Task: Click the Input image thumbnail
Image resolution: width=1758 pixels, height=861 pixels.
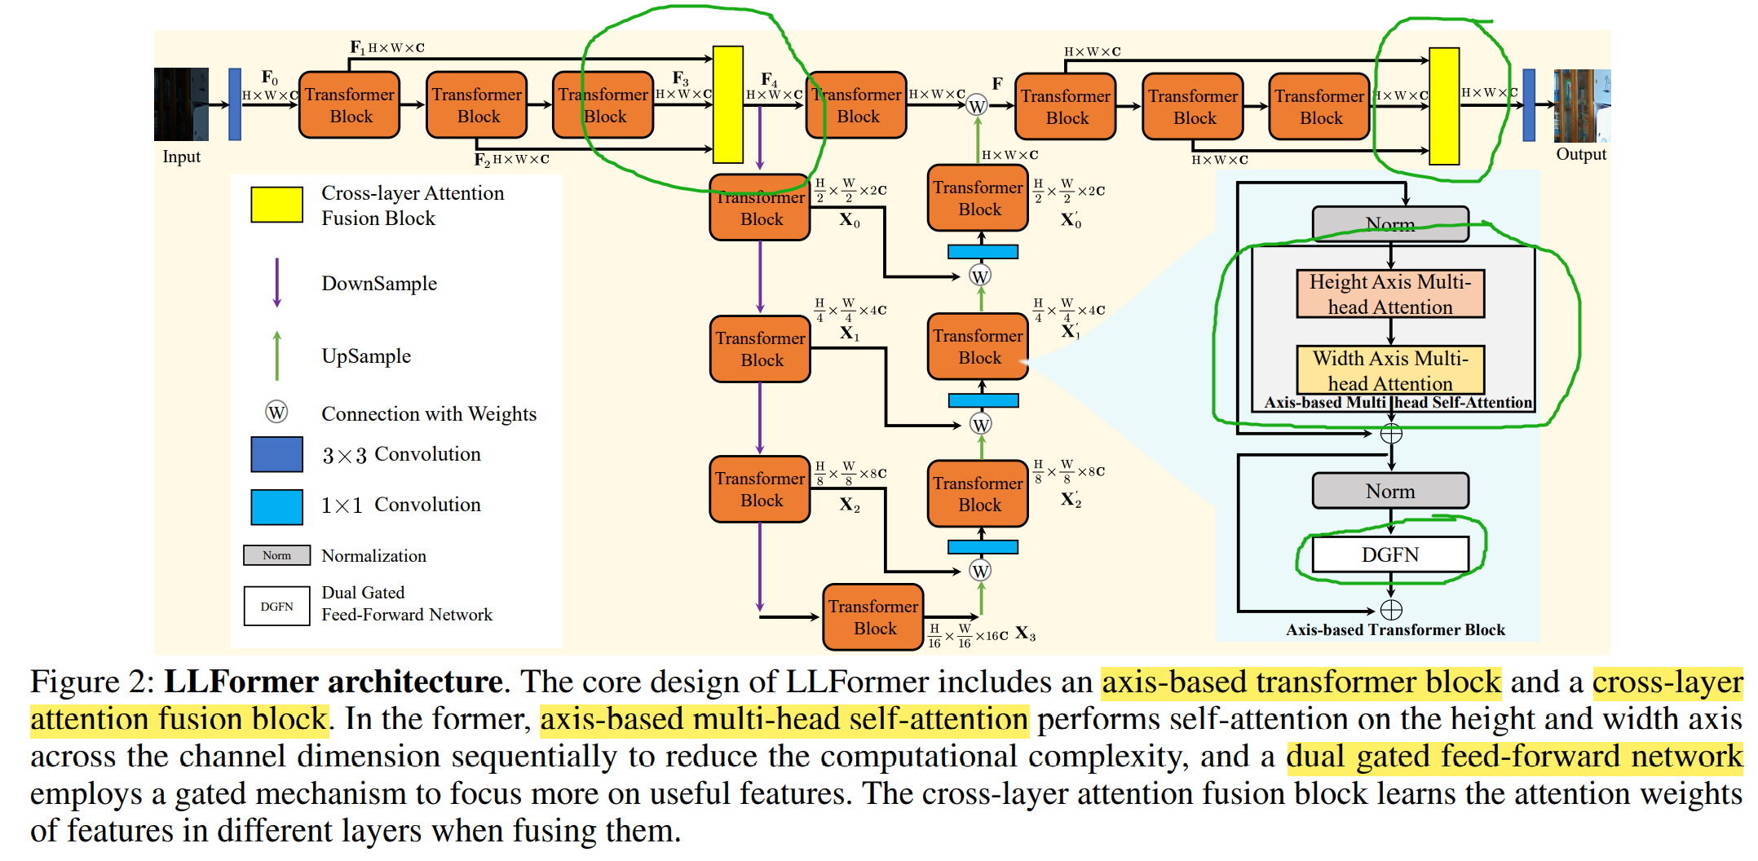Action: tap(181, 104)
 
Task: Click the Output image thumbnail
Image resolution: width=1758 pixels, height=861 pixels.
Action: tap(1581, 105)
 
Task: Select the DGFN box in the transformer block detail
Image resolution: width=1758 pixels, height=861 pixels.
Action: tap(1390, 554)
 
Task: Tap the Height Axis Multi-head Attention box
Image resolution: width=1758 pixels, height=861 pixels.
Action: tap(1390, 294)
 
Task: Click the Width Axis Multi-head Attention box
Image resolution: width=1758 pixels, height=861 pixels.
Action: tap(1390, 370)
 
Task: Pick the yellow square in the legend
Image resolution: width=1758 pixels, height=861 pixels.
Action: tap(276, 205)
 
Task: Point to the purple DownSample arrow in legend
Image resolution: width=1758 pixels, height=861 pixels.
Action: tap(277, 283)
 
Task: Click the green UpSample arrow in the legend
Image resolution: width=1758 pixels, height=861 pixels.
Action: tap(277, 355)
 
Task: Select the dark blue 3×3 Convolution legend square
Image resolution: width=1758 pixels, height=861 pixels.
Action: tap(276, 454)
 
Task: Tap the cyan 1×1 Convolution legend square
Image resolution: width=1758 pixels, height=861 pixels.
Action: tap(276, 506)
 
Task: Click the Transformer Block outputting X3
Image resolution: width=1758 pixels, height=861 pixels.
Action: tap(873, 617)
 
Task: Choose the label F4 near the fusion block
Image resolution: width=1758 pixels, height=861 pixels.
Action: tap(768, 79)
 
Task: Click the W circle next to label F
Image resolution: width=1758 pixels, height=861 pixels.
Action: tap(977, 106)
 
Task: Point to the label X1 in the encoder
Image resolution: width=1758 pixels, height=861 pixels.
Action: tap(849, 333)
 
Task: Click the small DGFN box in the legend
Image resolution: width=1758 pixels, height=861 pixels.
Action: tap(276, 606)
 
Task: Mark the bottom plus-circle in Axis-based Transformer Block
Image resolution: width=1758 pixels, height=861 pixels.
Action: tap(1391, 610)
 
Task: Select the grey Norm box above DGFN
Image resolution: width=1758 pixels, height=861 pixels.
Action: tap(1390, 491)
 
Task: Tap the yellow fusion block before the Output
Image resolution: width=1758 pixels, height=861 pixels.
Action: tap(1444, 106)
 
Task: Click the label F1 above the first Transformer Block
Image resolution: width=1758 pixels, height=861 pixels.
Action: tap(357, 47)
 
